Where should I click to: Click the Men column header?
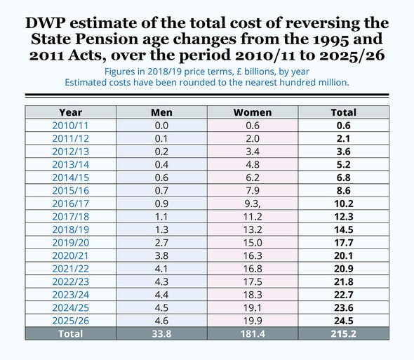click(161, 112)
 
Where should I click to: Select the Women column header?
click(252, 112)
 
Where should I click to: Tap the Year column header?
click(70, 112)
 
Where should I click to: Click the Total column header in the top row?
click(343, 112)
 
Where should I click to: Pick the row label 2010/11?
click(70, 125)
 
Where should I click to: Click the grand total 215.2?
click(343, 334)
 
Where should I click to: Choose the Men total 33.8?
click(161, 334)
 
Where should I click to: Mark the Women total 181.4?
click(252, 334)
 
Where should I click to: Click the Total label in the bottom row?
click(70, 334)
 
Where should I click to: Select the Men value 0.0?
click(161, 125)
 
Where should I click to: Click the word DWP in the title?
click(47, 22)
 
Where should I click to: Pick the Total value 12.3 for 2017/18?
click(343, 215)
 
